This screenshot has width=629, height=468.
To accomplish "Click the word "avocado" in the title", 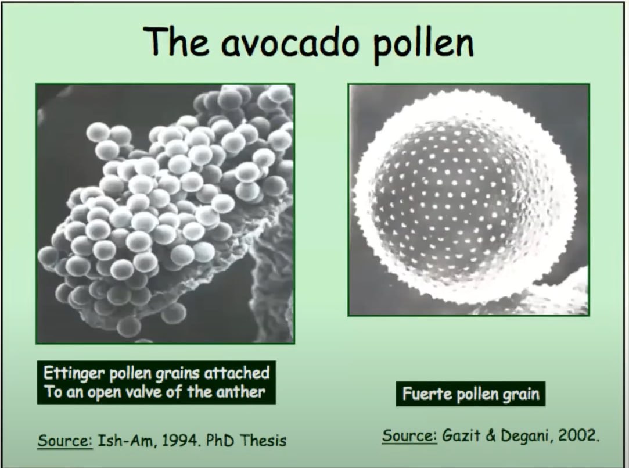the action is pos(290,42).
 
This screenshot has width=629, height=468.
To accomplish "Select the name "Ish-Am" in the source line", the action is pos(128,441).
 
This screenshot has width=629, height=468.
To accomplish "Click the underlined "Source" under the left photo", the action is pos(65,441).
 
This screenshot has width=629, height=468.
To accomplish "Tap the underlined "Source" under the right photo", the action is pos(409,435).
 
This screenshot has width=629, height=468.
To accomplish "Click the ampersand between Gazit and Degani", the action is pos(490,435).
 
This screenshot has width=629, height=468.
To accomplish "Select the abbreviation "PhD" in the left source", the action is pos(220,440).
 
